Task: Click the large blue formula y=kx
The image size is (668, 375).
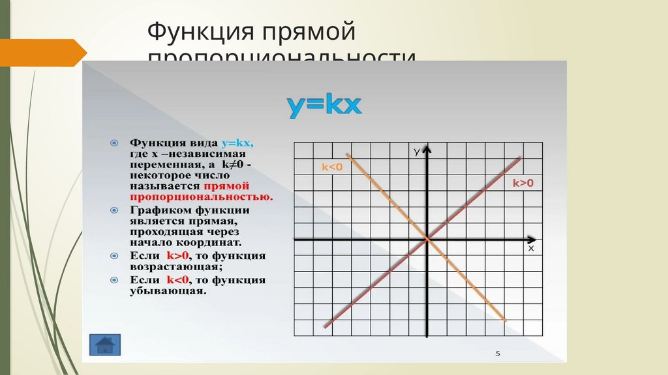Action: pyautogui.click(x=324, y=105)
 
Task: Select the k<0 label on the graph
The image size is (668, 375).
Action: pyautogui.click(x=332, y=167)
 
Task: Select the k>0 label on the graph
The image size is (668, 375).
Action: pyautogui.click(x=523, y=184)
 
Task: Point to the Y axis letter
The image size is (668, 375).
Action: pyautogui.click(x=416, y=153)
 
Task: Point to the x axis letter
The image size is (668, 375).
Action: pyautogui.click(x=530, y=248)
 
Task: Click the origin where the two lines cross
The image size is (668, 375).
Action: pyautogui.click(x=427, y=240)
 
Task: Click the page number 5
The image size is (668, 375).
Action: pyautogui.click(x=498, y=354)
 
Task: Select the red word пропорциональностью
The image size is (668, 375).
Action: pyautogui.click(x=201, y=196)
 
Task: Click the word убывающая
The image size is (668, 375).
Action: pyautogui.click(x=168, y=291)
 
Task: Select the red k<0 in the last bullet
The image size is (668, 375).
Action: pyautogui.click(x=178, y=280)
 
